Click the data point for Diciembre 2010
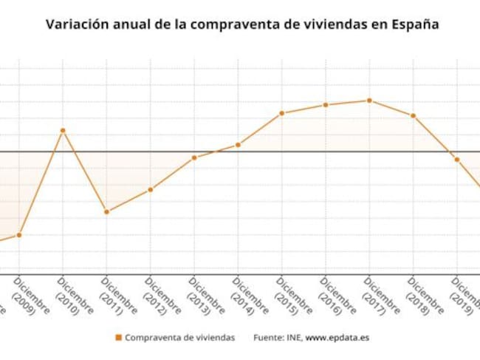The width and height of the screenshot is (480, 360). click(63, 130)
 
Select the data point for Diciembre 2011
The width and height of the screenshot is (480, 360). click(106, 212)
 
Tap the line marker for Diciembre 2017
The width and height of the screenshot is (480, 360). click(369, 101)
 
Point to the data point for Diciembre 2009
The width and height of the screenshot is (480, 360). click(19, 235)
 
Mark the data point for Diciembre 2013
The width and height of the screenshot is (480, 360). click(194, 157)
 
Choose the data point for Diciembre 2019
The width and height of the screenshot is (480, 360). click(457, 160)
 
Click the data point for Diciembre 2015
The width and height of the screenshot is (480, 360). click(281, 113)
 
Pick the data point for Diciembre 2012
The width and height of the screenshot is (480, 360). click(151, 190)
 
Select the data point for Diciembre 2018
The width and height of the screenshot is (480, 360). click(414, 116)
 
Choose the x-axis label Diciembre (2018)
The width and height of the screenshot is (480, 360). click(426, 296)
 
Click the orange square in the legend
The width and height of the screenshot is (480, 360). click(118, 338)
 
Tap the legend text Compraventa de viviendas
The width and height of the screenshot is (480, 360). click(179, 338)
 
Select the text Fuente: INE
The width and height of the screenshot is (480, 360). click(277, 338)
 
